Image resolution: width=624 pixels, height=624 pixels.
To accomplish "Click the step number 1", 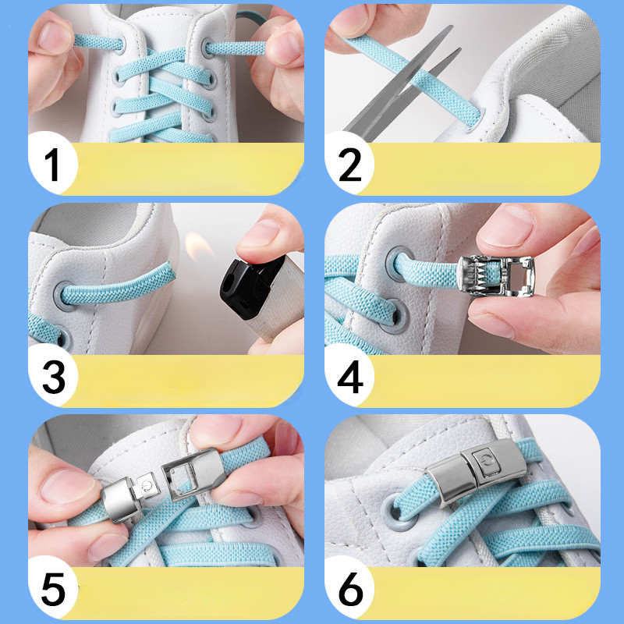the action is [52, 165].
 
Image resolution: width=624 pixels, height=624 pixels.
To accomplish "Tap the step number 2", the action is [349, 165].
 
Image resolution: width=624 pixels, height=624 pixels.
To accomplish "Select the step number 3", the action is [54, 377].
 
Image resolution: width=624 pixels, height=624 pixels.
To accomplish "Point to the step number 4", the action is [350, 377].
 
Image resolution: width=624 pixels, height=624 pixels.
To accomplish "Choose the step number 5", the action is [53, 590].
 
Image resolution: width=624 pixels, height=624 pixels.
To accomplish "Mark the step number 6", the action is [350, 590].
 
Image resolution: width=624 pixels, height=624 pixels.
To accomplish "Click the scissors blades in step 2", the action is [402, 83].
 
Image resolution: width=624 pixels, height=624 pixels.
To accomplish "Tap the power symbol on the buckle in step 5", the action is [147, 486].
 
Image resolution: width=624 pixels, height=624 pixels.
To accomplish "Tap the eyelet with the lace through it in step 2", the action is [475, 120].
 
